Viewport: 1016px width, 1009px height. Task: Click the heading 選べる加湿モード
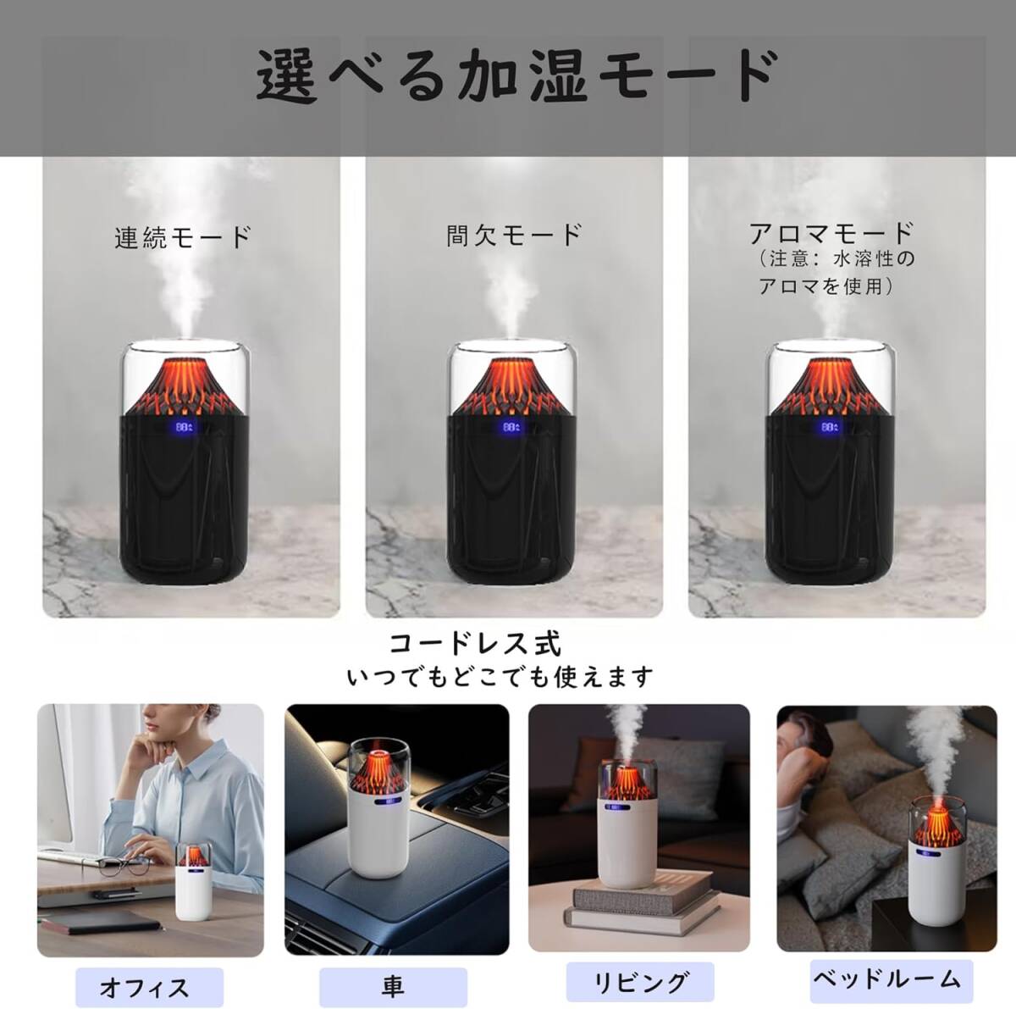(516, 77)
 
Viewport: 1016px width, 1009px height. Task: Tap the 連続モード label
(183, 236)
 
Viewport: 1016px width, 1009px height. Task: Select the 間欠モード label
(514, 235)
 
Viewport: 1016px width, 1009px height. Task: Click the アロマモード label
(831, 232)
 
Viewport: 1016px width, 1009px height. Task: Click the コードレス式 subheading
(474, 644)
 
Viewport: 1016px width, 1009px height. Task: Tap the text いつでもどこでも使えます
(500, 677)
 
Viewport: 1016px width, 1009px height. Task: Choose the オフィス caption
(145, 988)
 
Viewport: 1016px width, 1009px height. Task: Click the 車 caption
(392, 986)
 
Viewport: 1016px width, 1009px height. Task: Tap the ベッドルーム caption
(886, 979)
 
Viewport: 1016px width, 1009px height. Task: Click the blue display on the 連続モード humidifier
(184, 428)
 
